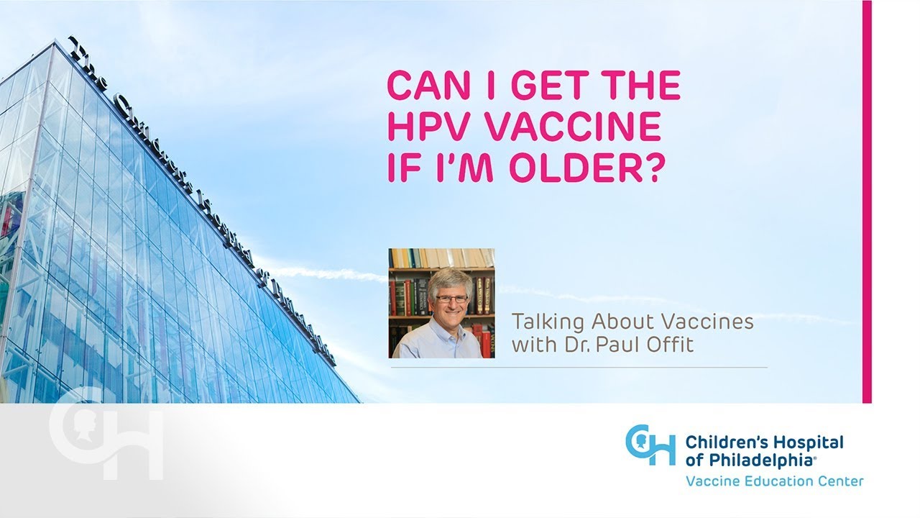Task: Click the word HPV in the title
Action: [x=423, y=127]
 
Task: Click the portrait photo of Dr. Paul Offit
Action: [x=441, y=303]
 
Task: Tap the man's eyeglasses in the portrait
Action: [x=451, y=298]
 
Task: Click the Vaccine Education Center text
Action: [x=774, y=481]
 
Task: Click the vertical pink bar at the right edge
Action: [x=867, y=201]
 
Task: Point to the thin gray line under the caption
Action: [x=579, y=367]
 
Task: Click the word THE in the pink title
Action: [x=639, y=86]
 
